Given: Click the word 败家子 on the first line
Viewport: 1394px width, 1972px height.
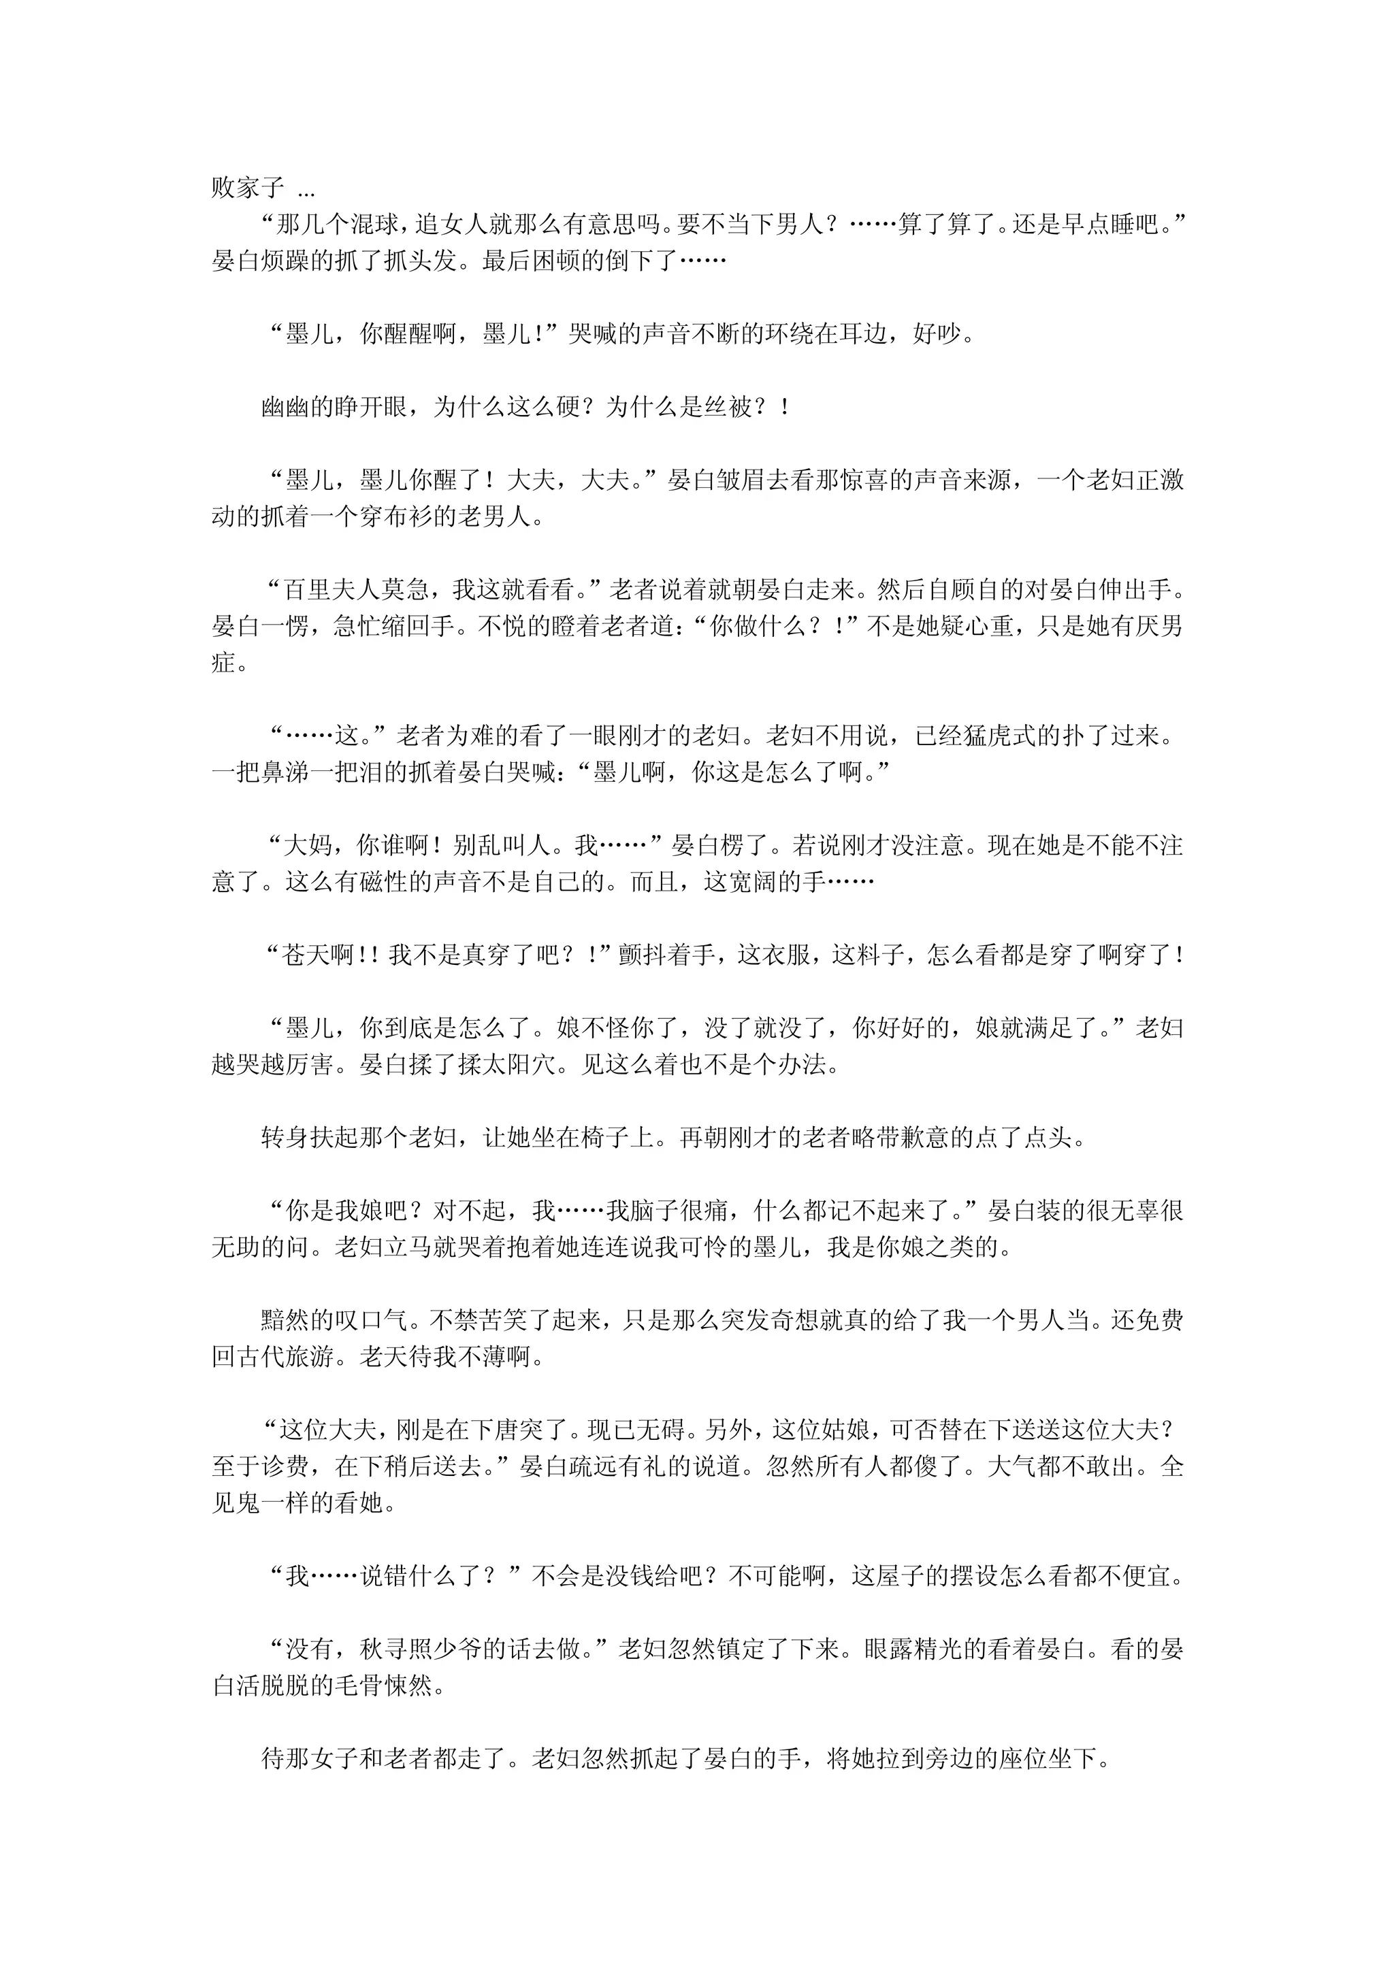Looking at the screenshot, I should (247, 188).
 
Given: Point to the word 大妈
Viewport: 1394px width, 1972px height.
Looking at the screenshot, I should (308, 846).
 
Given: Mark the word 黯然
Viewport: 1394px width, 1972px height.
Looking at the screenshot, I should (285, 1321).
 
